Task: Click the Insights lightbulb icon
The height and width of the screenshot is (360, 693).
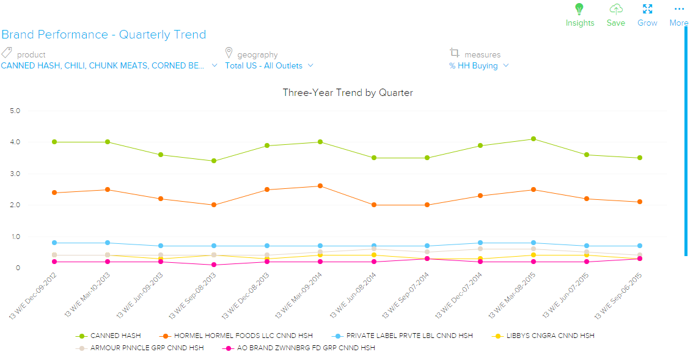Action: click(579, 9)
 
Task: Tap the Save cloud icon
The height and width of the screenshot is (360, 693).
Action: click(616, 9)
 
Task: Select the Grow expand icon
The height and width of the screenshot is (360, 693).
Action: click(647, 9)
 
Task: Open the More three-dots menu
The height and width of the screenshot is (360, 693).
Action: click(679, 9)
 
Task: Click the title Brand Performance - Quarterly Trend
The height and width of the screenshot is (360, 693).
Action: click(103, 35)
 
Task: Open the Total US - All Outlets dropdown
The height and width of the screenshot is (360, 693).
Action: click(269, 65)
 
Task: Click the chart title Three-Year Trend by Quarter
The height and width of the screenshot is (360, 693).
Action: click(347, 93)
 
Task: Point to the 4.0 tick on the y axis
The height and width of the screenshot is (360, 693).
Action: click(15, 142)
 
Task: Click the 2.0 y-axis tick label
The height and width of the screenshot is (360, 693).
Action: click(15, 205)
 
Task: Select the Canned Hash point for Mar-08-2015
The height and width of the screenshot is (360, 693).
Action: click(533, 139)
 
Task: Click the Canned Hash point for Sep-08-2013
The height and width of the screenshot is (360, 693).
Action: click(214, 161)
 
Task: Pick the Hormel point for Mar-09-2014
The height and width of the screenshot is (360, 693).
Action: click(320, 186)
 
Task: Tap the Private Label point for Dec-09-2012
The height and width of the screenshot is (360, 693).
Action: click(54, 243)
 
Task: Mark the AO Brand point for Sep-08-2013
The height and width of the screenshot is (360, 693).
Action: click(214, 265)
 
